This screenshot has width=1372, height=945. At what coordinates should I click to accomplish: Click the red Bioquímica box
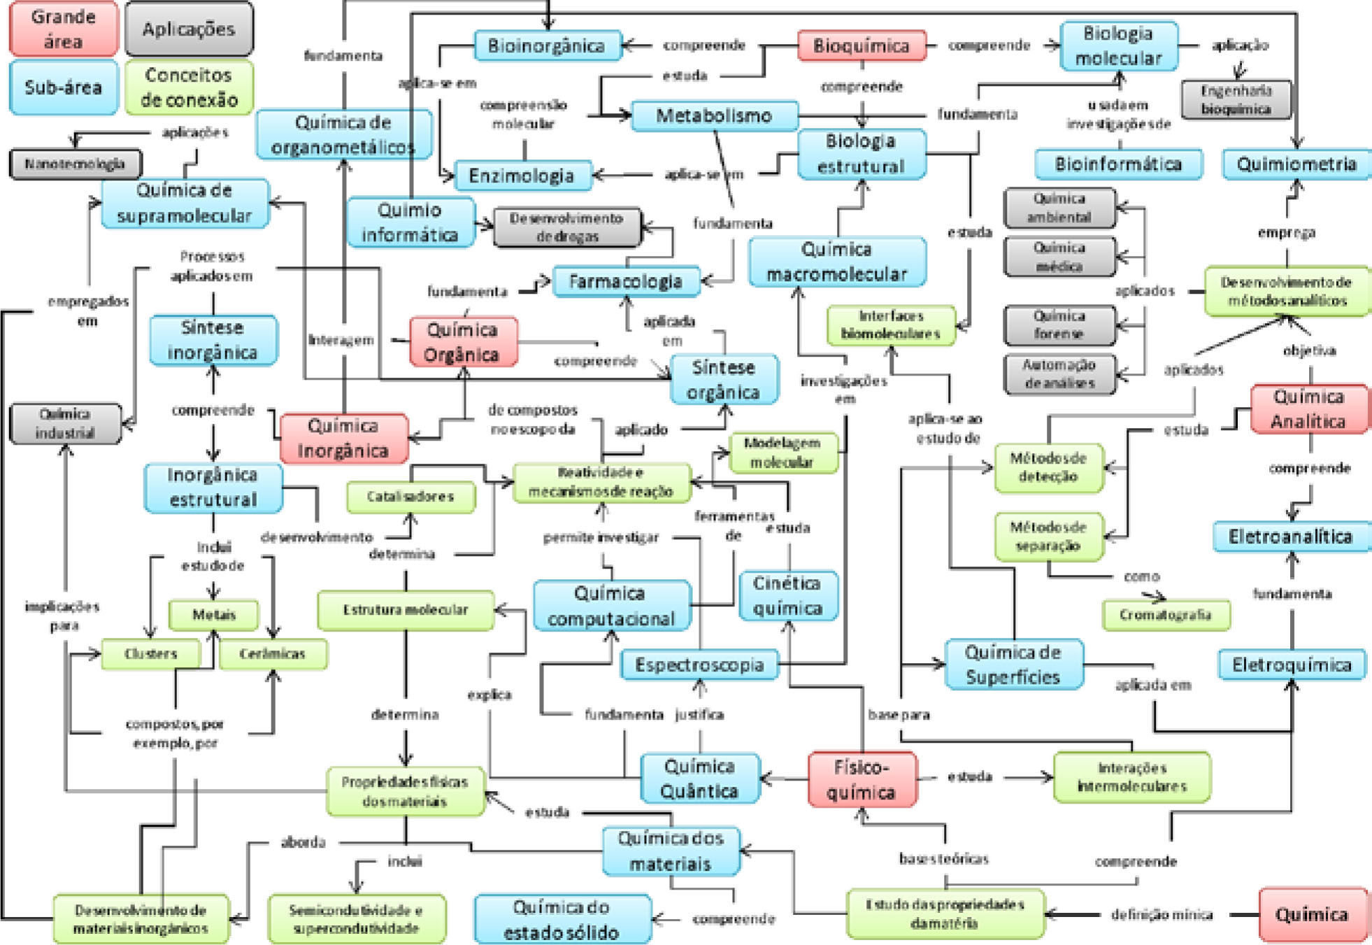pyautogui.click(x=862, y=46)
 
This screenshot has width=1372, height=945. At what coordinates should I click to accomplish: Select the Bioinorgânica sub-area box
pyautogui.click(x=547, y=46)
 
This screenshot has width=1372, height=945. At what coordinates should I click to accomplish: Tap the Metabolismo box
pyautogui.click(x=714, y=115)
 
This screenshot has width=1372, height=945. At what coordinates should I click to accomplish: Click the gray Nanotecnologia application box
pyautogui.click(x=75, y=164)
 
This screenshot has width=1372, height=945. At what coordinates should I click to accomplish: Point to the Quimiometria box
pyautogui.click(x=1296, y=164)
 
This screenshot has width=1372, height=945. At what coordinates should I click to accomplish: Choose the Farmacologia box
pyautogui.click(x=626, y=281)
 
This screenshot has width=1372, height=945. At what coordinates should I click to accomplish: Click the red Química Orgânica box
pyautogui.click(x=463, y=341)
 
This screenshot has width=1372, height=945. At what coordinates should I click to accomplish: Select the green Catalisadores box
pyautogui.click(x=410, y=497)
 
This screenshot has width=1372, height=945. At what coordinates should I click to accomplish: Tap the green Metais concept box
pyautogui.click(x=214, y=615)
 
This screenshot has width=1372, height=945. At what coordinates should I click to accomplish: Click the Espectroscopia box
pyautogui.click(x=699, y=665)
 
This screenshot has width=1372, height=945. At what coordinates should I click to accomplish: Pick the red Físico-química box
pyautogui.click(x=862, y=779)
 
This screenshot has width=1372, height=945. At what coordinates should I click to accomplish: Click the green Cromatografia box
pyautogui.click(x=1165, y=615)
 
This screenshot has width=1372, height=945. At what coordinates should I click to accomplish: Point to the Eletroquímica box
pyautogui.click(x=1292, y=665)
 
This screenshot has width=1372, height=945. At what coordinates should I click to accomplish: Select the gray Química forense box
pyautogui.click(x=1059, y=325)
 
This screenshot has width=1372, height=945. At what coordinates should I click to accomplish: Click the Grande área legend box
pyautogui.click(x=63, y=29)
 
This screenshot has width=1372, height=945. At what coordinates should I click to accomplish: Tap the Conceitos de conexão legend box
pyautogui.click(x=189, y=87)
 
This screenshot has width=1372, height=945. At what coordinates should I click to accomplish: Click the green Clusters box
pyautogui.click(x=151, y=654)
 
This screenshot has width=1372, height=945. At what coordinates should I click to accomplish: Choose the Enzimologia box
pyautogui.click(x=522, y=176)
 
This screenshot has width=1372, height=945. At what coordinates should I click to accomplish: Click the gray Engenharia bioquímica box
pyautogui.click(x=1236, y=99)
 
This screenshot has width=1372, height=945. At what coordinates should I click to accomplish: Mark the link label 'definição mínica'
pyautogui.click(x=1162, y=914)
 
